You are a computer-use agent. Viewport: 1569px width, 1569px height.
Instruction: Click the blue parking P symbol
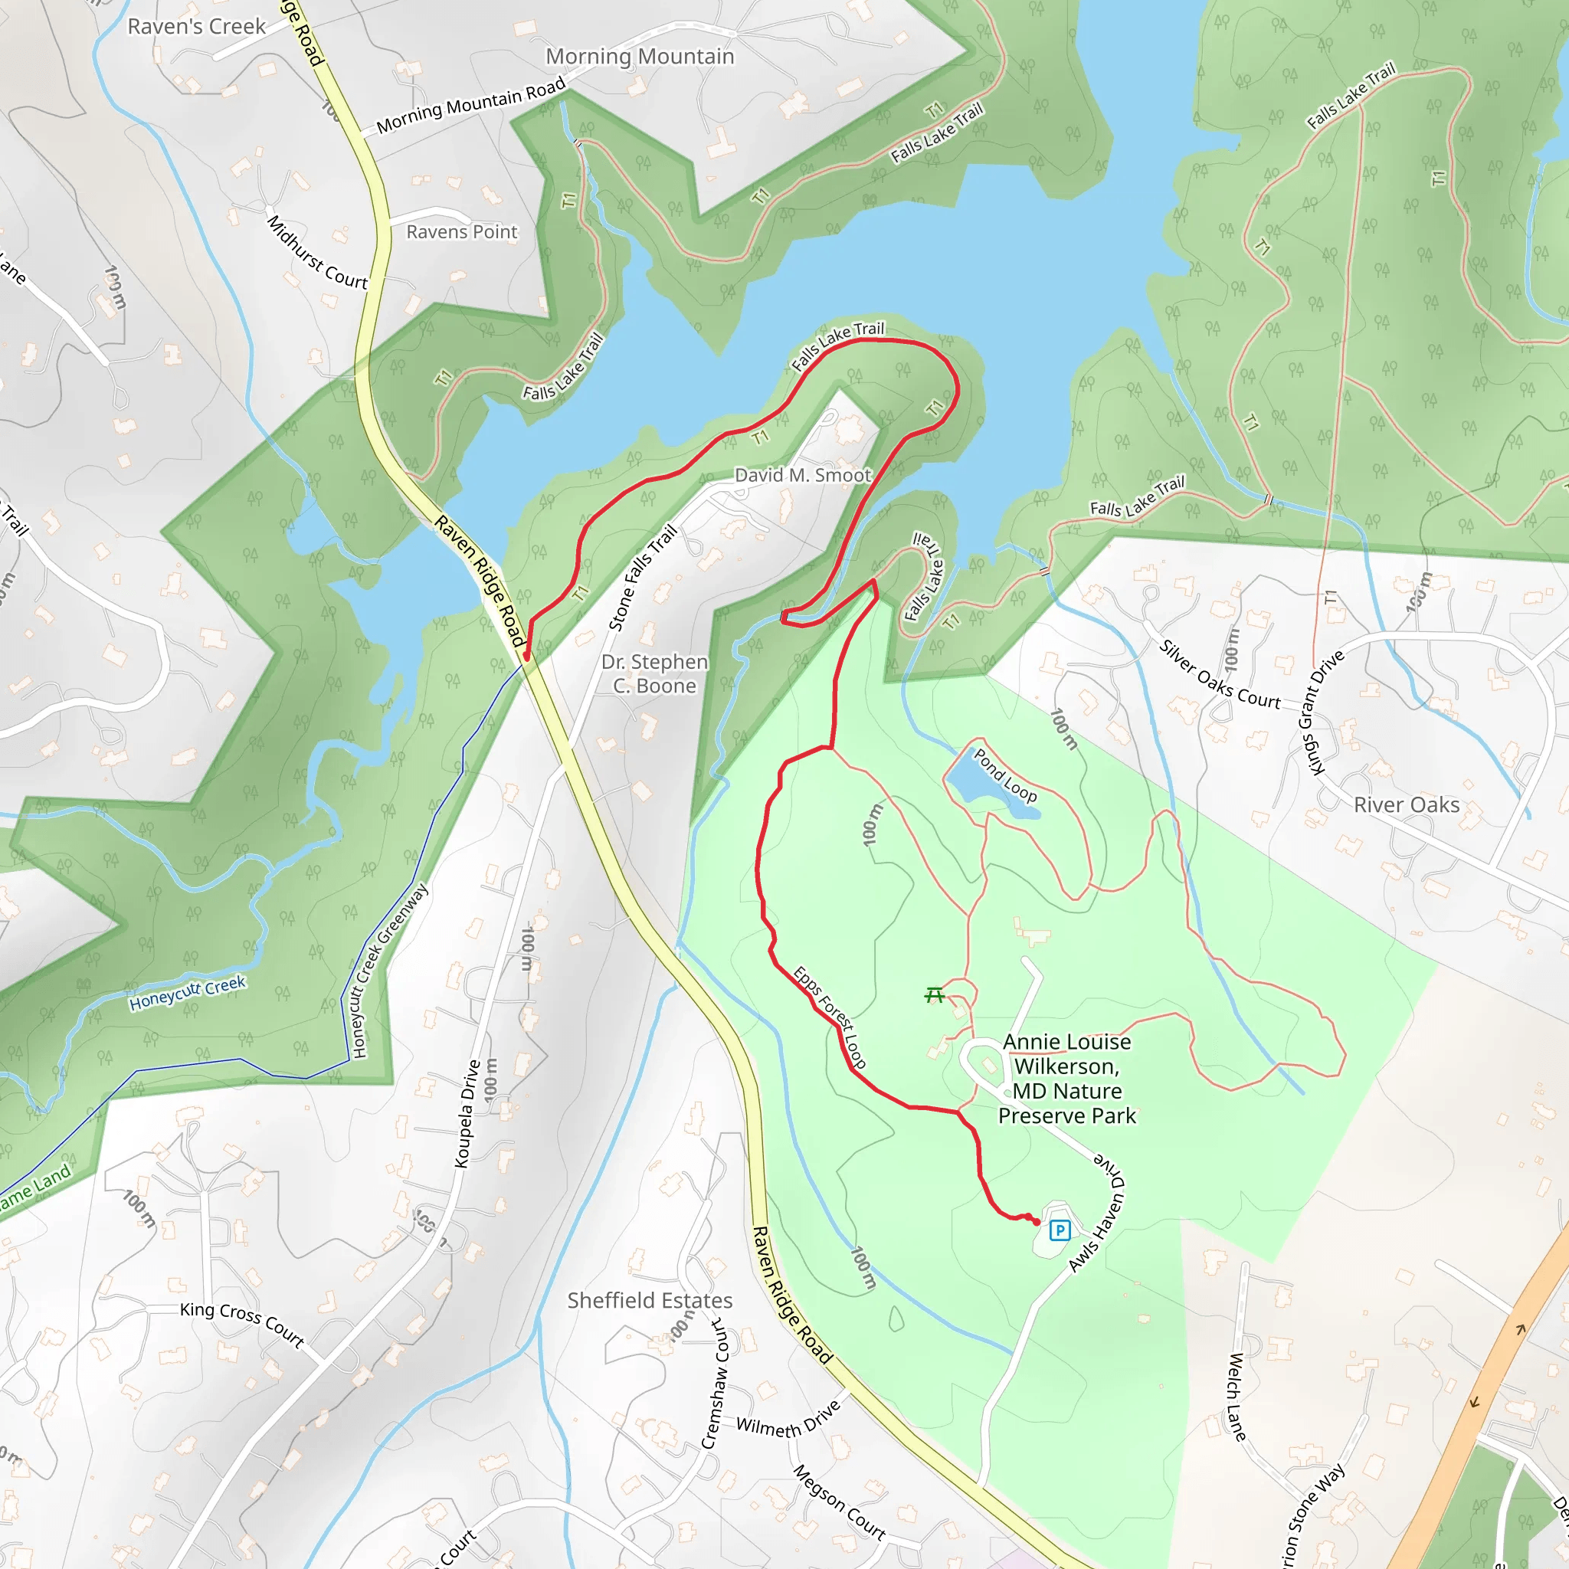(1059, 1230)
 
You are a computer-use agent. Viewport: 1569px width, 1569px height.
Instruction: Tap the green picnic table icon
(935, 995)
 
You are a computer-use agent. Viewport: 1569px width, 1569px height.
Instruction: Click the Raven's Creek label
(197, 27)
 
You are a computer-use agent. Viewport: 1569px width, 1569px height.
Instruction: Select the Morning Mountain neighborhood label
(640, 56)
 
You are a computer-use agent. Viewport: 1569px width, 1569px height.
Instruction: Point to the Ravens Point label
(461, 232)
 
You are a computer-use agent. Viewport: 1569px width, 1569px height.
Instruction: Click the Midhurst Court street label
(316, 254)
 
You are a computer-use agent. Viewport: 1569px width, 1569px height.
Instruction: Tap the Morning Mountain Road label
(470, 106)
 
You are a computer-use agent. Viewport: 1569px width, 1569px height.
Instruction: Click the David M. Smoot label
(802, 475)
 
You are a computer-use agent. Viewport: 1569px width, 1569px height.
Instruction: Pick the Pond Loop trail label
(1005, 776)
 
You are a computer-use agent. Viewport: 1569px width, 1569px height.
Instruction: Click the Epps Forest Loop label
(830, 1017)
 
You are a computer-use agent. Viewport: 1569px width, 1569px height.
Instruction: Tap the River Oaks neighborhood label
(1407, 805)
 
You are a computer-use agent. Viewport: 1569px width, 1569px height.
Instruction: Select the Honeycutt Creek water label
(187, 993)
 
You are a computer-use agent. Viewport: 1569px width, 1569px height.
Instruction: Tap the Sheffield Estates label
(650, 1300)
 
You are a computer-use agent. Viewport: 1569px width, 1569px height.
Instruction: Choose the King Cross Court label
(242, 1325)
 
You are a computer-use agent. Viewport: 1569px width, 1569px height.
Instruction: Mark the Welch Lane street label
(1236, 1396)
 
